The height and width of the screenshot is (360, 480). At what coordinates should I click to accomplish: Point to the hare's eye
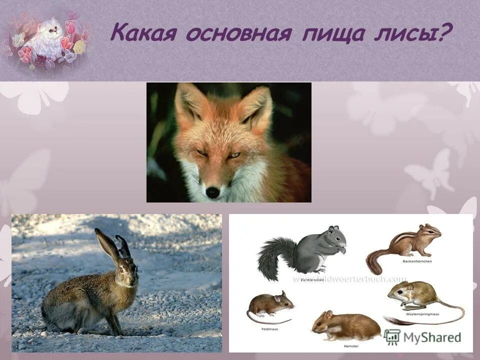(122, 270)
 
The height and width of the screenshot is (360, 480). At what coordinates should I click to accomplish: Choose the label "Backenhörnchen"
(416, 261)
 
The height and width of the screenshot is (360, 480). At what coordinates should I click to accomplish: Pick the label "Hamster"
(351, 346)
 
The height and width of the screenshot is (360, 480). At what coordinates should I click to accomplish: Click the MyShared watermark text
(433, 337)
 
